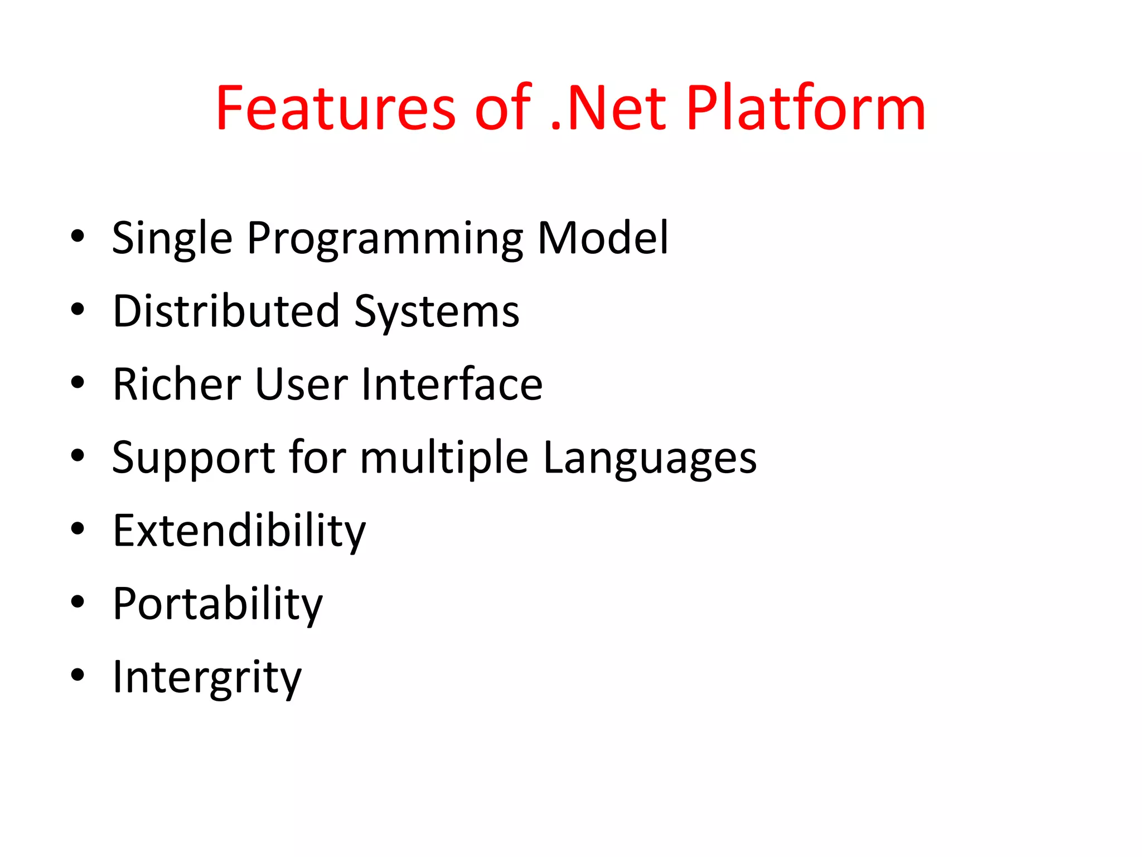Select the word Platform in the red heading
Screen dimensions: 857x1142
(805, 108)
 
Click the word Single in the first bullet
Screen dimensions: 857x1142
(172, 239)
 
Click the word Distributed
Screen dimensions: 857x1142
(226, 311)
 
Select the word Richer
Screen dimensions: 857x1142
(177, 384)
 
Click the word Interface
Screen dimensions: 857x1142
(452, 384)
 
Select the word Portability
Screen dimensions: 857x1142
(217, 604)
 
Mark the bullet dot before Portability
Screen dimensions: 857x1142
(78, 602)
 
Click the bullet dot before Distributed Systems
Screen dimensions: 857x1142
(78, 309)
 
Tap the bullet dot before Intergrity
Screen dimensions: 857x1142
(78, 675)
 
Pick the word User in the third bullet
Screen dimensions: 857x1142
(302, 384)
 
